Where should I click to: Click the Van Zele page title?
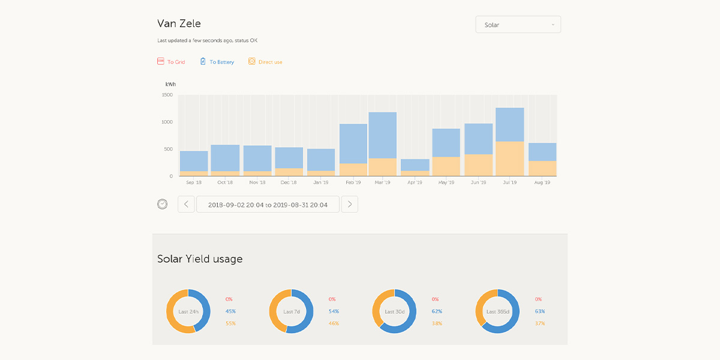click(179, 24)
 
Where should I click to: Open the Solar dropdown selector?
click(518, 25)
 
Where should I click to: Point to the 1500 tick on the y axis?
click(167, 95)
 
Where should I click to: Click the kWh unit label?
click(170, 85)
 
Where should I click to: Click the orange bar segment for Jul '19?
click(510, 159)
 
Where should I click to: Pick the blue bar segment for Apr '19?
click(415, 165)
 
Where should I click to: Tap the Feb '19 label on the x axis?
click(353, 182)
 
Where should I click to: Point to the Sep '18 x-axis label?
click(194, 182)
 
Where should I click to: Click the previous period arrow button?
click(186, 205)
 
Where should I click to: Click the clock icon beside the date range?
click(163, 204)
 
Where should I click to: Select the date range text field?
click(268, 205)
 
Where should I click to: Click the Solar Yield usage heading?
click(200, 259)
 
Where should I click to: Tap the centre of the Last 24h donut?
click(188, 311)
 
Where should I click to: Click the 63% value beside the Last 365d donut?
click(540, 311)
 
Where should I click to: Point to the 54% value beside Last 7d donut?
click(334, 311)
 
